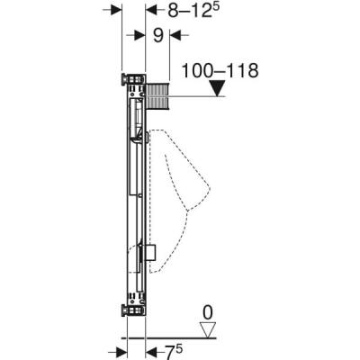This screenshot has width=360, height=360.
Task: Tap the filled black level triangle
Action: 216,89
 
